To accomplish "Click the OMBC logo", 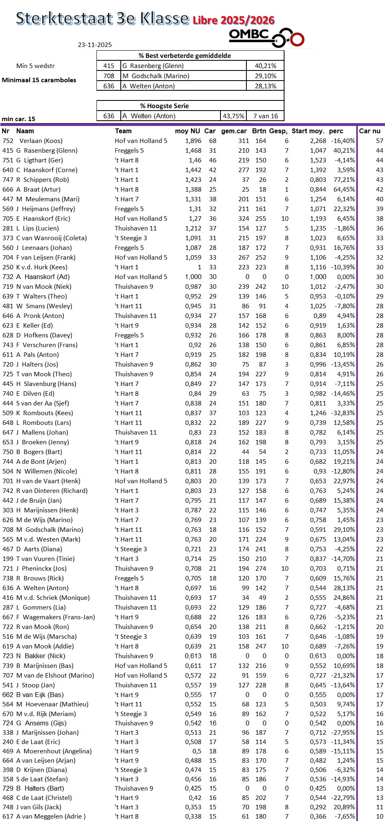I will pos(266,37).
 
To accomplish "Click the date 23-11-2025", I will pos(95,45).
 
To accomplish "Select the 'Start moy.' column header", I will pos(308,131).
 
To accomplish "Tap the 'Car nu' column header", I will pos(370,131).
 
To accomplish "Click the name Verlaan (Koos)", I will pos(41,141).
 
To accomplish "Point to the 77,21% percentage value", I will pos(343,180).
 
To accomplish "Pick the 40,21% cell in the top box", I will pos(265,66).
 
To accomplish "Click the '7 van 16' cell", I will pos(265,116).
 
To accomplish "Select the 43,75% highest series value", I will pos(233,116).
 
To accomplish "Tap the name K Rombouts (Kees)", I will pos(45,413).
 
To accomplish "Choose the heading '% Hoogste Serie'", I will pos(165,106).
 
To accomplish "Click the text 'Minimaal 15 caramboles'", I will pos(39,80).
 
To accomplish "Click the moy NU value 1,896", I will pos(193,141).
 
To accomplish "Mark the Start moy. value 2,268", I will pos(318,141).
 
